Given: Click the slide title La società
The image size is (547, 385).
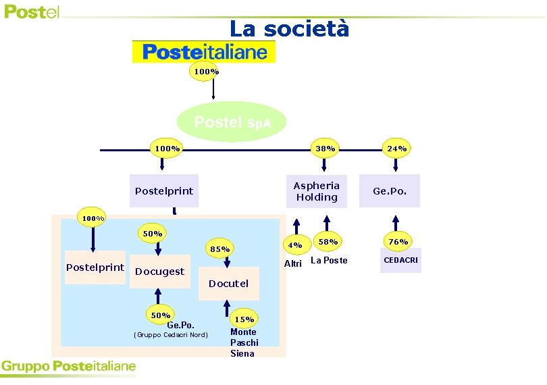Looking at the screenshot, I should point(289,29).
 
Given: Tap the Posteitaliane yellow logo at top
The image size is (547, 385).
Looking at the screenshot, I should point(204,52).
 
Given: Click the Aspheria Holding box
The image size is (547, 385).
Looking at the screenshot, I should point(316,191).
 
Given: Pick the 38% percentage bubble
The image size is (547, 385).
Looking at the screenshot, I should point(325,148).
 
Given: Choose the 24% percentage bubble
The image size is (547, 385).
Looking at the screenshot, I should point(396,148).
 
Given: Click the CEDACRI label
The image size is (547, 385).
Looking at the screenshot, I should point(400,260).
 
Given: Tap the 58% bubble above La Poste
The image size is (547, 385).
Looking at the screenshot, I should point(328,242).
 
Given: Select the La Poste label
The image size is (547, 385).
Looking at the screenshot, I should point(329,260).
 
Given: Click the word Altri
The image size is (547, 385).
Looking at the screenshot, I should point(293,263).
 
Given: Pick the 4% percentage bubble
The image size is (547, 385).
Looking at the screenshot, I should point(295,245).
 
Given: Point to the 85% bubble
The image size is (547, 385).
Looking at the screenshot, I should point(220,249).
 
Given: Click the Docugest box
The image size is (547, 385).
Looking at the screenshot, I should point(159,272).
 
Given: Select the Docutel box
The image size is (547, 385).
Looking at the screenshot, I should point(228,284).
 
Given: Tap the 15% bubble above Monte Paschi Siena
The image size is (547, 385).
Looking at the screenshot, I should point(244,319).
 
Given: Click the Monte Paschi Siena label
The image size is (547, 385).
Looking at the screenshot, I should point(243,342).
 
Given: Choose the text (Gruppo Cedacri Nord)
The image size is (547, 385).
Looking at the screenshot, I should point(171,335).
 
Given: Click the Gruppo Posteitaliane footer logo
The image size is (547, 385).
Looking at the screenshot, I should point(68,367).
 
